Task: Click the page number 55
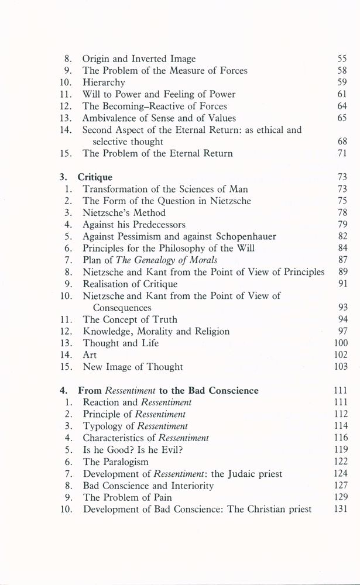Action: click(343, 58)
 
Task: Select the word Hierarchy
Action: click(104, 82)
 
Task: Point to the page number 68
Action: click(343, 142)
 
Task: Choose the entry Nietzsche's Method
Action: click(124, 212)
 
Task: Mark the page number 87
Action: click(343, 260)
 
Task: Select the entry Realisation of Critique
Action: click(129, 284)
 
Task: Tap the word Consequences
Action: click(122, 308)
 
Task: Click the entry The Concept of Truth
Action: click(130, 319)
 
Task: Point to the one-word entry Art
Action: click(90, 355)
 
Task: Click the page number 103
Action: click(341, 367)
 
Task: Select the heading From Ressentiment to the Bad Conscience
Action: click(168, 391)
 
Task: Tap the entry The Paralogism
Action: click(116, 462)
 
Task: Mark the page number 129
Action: click(341, 497)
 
